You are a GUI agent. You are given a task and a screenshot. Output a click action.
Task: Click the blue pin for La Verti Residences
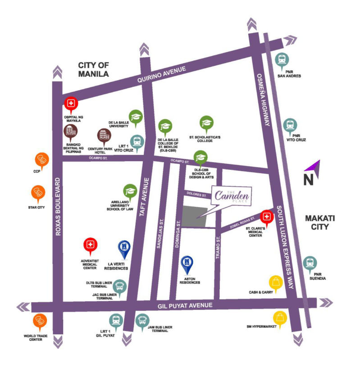point(123,247)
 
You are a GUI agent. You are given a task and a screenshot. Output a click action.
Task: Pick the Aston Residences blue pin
point(187,262)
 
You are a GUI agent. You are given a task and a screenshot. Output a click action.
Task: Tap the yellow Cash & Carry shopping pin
point(275,283)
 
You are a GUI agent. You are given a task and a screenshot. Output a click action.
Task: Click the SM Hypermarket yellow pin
point(280,318)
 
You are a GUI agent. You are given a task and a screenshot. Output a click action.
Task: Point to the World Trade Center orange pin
point(38,321)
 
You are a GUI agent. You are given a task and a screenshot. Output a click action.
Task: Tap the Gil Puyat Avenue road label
point(185,306)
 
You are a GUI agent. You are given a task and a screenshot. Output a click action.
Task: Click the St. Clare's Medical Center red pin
point(267,218)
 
